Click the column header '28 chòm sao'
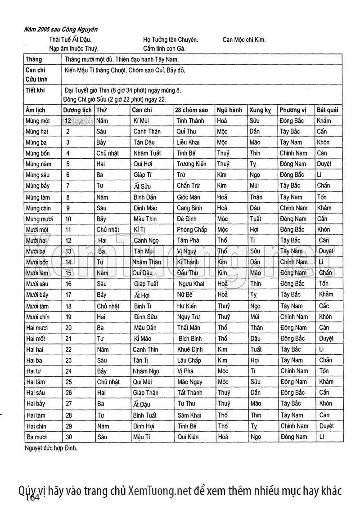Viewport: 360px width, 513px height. (192, 110)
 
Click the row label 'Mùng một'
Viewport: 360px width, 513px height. (38, 121)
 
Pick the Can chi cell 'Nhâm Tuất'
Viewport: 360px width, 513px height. (147, 153)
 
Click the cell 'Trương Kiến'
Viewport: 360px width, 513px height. (191, 164)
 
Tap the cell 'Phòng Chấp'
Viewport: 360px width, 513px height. (192, 230)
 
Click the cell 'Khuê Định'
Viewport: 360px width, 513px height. (190, 349)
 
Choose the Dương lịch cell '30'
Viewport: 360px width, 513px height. (68, 437)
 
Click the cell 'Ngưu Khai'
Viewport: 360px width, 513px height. (191, 284)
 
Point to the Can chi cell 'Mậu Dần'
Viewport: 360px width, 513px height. (144, 328)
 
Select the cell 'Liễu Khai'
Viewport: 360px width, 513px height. (188, 143)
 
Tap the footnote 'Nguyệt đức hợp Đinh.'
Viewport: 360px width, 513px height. (51, 448)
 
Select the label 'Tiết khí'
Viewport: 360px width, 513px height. (35, 90)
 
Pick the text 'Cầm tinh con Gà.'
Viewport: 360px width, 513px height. (164, 49)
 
